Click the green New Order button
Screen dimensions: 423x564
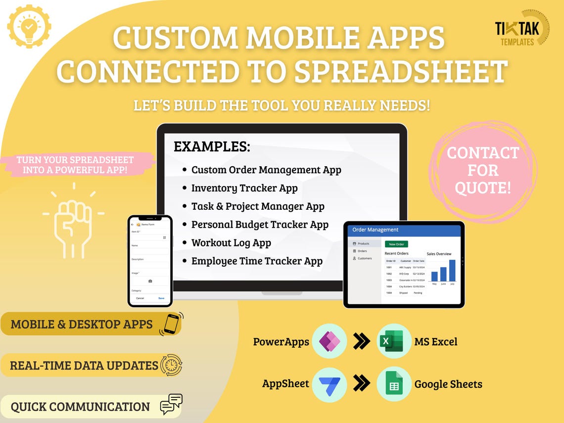pos(396,244)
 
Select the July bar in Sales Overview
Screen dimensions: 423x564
pos(452,270)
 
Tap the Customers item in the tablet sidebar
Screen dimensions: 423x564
pos(365,258)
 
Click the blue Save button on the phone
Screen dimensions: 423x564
pos(161,298)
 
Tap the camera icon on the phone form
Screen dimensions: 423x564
pos(150,281)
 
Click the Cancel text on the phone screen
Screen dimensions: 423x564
pos(140,298)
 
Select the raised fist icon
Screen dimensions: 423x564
pos(73,221)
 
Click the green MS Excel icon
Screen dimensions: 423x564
pos(394,341)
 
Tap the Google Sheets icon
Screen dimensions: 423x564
pos(394,384)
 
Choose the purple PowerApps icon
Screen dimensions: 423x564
pos(329,341)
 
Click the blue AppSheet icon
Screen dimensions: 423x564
pos(329,384)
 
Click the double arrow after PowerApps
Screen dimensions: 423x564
pos(362,341)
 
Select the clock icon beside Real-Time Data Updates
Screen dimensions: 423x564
pos(171,366)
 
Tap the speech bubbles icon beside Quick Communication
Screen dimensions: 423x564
pos(171,405)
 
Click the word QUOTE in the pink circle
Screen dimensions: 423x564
pos(483,188)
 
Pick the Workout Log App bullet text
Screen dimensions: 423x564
pos(231,243)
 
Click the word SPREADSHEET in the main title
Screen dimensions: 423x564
pos(401,71)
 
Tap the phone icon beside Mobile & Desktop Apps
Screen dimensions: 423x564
pos(171,324)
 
